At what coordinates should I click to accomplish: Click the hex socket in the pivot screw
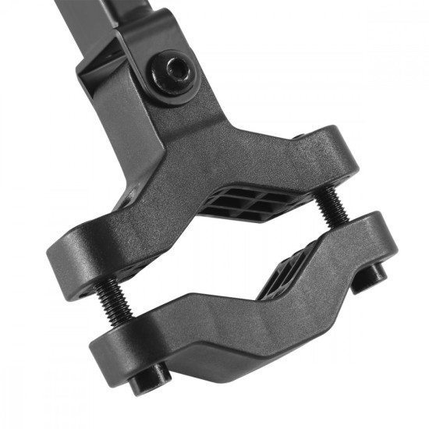(x=176, y=70)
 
